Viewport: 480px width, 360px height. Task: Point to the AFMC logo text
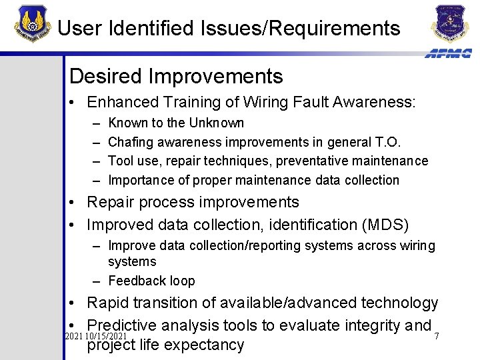pos(448,53)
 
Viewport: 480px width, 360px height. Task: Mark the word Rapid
pos(109,303)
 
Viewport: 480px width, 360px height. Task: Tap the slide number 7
pos(437,336)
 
